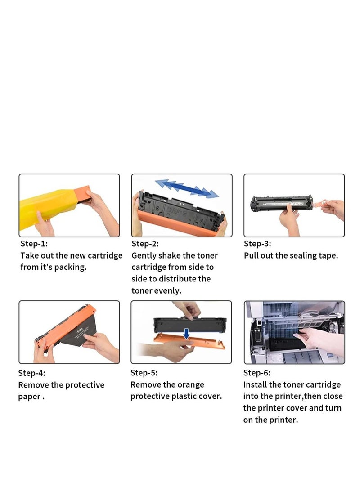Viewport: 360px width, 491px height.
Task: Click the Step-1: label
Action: (x=34, y=244)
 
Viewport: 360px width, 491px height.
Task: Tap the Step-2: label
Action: (x=145, y=244)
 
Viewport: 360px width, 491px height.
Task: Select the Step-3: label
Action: (x=257, y=244)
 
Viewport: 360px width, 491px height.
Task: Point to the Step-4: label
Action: (x=31, y=373)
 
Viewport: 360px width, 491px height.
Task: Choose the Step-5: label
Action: (x=144, y=373)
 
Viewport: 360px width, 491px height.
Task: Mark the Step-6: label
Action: (x=257, y=373)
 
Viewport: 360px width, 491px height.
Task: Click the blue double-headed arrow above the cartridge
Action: (x=186, y=188)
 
